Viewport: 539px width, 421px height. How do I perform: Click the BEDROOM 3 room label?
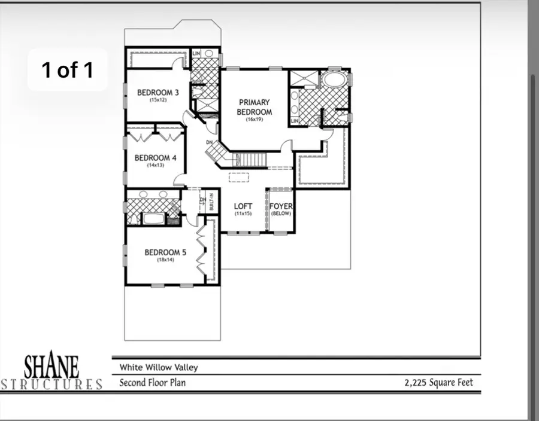(x=158, y=92)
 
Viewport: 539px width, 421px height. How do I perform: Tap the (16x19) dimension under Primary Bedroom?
(x=255, y=120)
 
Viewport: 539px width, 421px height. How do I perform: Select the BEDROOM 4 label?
(x=155, y=158)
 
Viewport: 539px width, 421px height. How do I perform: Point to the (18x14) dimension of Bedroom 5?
(x=165, y=260)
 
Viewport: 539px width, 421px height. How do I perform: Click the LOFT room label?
(x=243, y=206)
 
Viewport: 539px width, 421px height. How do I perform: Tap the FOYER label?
(x=280, y=206)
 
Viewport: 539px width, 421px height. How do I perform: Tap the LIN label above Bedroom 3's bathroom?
(x=196, y=53)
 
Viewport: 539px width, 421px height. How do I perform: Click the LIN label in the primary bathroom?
(x=295, y=121)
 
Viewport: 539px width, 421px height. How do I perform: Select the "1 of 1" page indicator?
(x=67, y=70)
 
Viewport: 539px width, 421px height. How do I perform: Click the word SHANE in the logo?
(x=51, y=365)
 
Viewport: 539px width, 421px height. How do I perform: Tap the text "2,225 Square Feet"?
(x=438, y=383)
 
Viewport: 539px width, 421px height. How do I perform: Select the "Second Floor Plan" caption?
(x=152, y=383)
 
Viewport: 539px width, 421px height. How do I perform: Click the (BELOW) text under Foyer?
(x=280, y=213)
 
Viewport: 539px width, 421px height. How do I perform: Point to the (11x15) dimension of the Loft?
(x=243, y=213)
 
